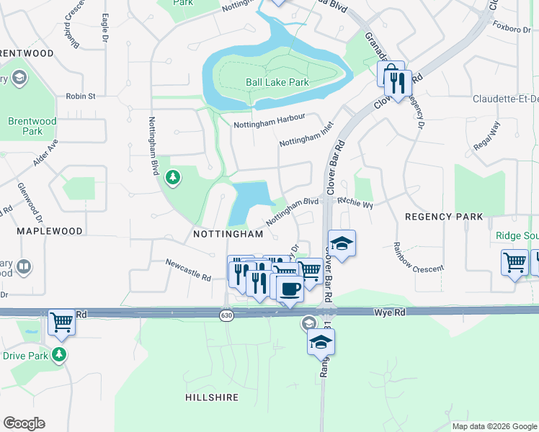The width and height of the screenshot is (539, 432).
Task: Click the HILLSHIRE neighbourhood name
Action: pos(212,397)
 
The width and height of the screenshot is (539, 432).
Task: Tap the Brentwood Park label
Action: pos(27,127)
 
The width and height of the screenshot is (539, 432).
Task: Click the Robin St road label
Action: pos(80,96)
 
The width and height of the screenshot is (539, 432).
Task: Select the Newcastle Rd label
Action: pos(187,271)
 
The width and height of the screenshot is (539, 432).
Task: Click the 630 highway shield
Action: pos(227,315)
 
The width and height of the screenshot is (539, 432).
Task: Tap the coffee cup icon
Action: pos(290,289)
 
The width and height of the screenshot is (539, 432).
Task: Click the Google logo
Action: pos(24,423)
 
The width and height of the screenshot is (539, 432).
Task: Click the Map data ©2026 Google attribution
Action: pos(494,426)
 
